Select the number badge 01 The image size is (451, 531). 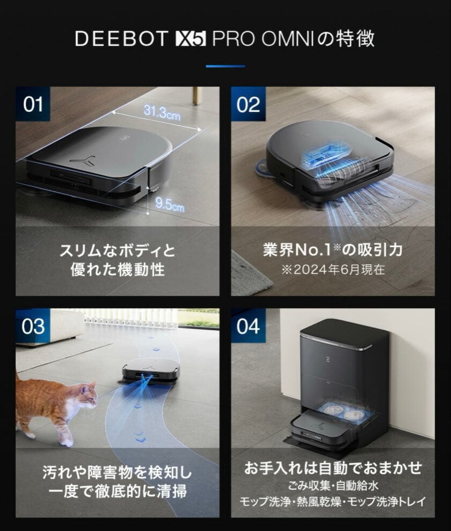(33, 104)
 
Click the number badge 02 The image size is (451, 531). (248, 104)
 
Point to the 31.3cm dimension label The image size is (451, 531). (162, 112)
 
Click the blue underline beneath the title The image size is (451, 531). (225, 66)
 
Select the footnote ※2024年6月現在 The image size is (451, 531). (333, 269)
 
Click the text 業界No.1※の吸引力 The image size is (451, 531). (333, 250)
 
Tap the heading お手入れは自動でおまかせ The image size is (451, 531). (333, 468)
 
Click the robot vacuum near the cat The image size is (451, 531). (151, 370)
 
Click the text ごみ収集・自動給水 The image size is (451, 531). (333, 486)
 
